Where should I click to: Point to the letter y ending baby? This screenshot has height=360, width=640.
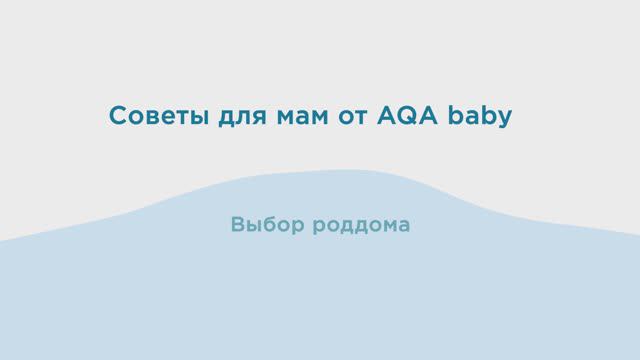pos(506,120)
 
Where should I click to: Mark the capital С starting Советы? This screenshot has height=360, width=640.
pos(116,116)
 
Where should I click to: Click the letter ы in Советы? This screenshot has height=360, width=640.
pos(193,118)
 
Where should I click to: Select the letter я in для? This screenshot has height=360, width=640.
pos(255,118)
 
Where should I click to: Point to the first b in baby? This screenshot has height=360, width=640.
pos(461,116)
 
